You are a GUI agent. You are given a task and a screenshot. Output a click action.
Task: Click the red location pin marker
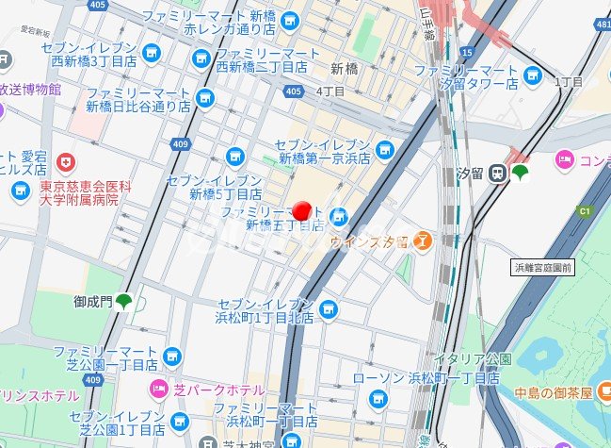302,213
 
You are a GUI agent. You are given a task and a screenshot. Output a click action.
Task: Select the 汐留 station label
471,174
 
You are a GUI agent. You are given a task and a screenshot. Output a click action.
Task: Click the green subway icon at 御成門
123,303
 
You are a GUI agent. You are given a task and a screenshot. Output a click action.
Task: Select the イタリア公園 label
465,359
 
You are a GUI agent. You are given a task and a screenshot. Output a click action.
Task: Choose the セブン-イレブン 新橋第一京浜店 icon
383,149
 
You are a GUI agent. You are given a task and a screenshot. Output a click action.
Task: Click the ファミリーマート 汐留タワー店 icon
533,75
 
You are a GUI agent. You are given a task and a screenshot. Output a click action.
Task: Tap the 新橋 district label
346,69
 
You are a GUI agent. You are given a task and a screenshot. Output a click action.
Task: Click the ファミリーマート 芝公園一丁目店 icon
171,357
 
